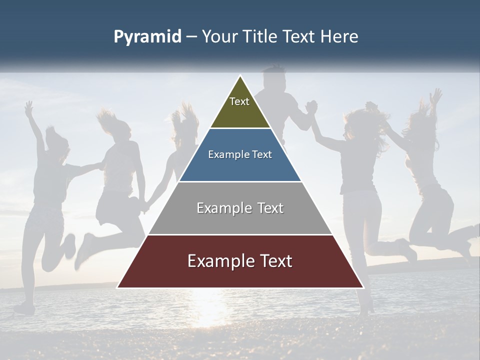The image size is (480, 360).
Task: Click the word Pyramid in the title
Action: [147, 37]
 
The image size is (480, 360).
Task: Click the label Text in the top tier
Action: [239, 101]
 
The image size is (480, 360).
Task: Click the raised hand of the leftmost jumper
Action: [29, 106]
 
